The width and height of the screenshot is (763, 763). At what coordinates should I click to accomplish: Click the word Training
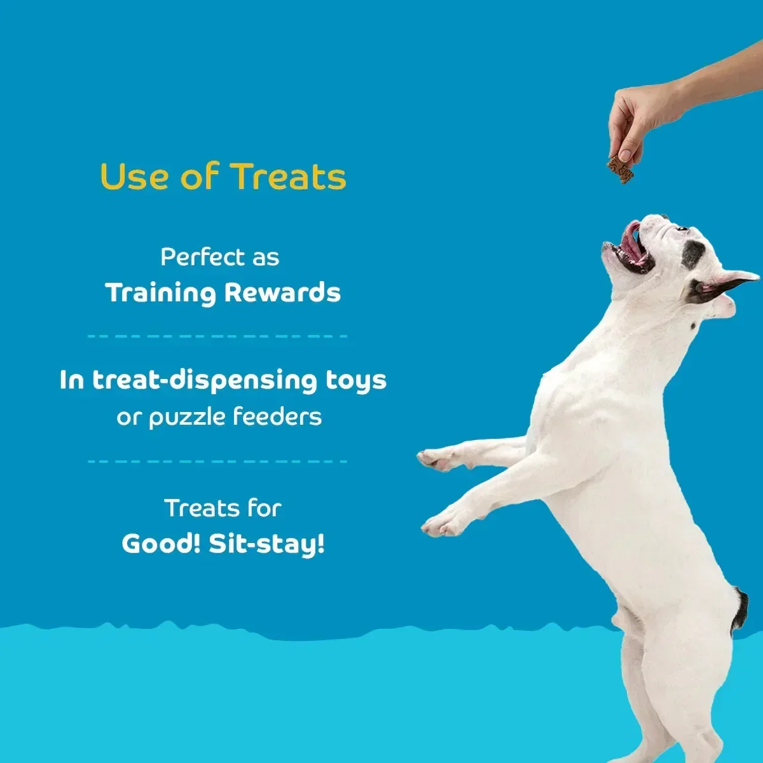[x=160, y=293]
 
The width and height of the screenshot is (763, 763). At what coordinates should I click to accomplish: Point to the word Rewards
[x=282, y=293]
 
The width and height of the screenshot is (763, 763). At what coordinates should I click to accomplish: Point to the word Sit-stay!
[x=266, y=544]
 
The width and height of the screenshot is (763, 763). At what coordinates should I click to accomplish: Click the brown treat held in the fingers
[x=621, y=170]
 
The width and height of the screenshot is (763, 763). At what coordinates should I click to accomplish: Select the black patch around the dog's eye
[x=692, y=253]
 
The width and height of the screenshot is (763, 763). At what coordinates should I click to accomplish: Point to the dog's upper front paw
[x=436, y=459]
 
